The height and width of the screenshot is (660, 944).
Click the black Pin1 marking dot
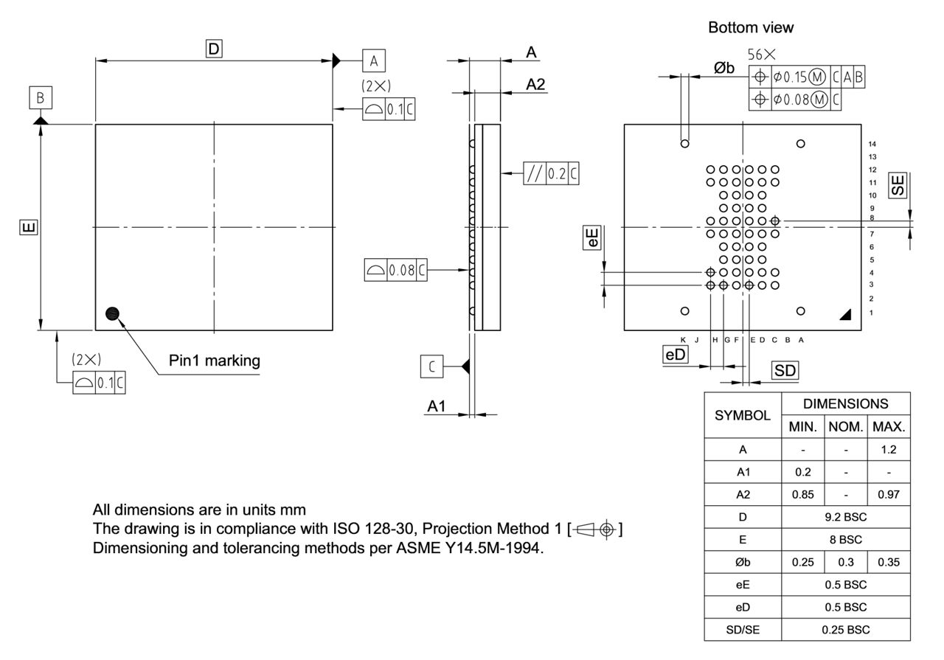click(x=112, y=313)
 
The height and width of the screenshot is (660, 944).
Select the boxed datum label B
click(x=41, y=97)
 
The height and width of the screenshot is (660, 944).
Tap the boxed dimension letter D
click(x=215, y=49)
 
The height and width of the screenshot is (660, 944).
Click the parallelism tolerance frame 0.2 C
click(x=550, y=174)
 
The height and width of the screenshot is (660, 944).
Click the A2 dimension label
click(x=535, y=85)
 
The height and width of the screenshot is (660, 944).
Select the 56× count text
click(x=761, y=55)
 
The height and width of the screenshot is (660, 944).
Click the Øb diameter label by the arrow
click(x=723, y=69)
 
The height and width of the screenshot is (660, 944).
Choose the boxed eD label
click(x=676, y=355)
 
